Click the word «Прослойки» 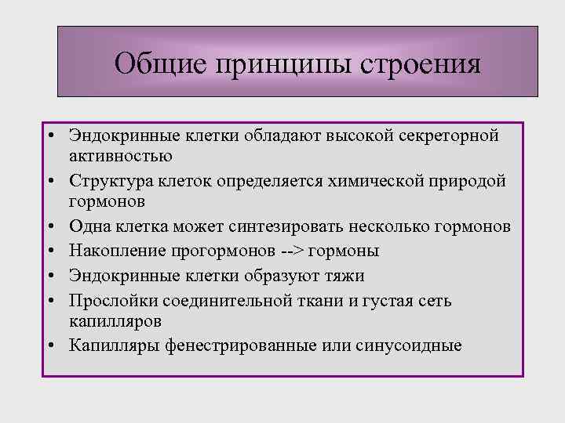click(x=111, y=301)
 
